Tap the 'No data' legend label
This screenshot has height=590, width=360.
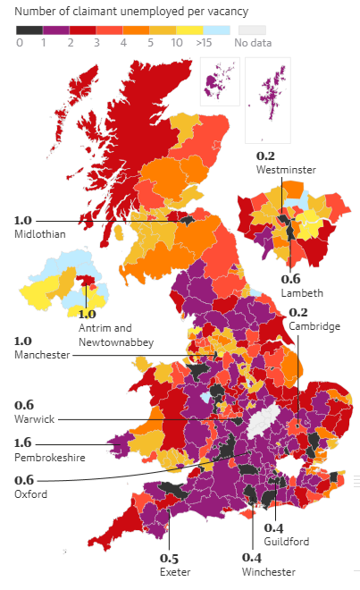(254, 42)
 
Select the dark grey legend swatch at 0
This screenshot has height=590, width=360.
(29, 29)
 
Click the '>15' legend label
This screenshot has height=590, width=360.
(203, 42)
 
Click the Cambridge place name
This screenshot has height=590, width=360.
(314, 326)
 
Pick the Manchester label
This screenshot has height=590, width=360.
(42, 356)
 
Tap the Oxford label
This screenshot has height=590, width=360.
(31, 494)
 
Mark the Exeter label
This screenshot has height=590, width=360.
(175, 571)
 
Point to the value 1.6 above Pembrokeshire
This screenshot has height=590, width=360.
(24, 442)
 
